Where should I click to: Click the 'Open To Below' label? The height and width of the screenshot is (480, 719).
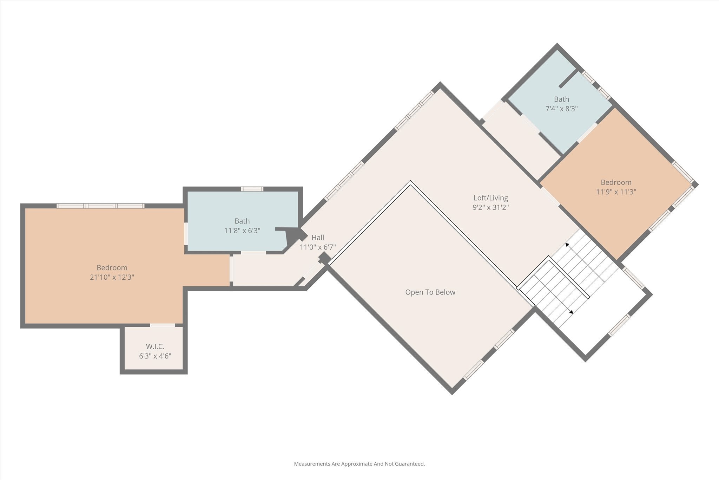tap(430, 292)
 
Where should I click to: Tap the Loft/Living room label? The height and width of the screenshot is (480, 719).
tap(490, 198)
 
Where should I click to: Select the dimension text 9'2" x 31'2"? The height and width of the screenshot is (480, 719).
tap(490, 207)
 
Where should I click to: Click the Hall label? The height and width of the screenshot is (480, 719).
tap(318, 238)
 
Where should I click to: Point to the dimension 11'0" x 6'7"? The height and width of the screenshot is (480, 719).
tap(318, 247)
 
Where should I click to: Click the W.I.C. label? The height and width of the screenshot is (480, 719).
tap(155, 346)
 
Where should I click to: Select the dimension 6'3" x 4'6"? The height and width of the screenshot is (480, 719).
tap(155, 356)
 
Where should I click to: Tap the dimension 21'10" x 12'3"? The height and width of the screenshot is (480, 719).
tap(112, 277)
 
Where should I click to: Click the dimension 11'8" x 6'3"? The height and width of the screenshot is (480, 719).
tap(242, 231)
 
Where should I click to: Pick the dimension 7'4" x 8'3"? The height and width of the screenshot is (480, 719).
tap(561, 109)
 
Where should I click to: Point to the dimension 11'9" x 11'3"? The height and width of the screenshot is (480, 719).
tap(616, 192)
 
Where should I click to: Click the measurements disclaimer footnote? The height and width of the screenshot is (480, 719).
tap(359, 464)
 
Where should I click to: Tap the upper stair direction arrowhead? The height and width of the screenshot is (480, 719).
tap(567, 245)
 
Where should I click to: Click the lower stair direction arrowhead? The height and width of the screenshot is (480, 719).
tap(571, 312)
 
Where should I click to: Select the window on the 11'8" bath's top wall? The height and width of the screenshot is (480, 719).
tap(252, 189)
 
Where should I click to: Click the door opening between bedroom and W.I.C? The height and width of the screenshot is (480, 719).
tap(163, 325)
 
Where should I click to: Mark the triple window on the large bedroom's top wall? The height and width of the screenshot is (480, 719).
tap(101, 206)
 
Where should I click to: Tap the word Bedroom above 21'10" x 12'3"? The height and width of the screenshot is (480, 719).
tap(112, 268)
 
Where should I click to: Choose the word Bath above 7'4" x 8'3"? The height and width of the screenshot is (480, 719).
tap(561, 99)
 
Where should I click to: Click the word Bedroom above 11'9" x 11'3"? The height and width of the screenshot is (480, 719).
tap(616, 182)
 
